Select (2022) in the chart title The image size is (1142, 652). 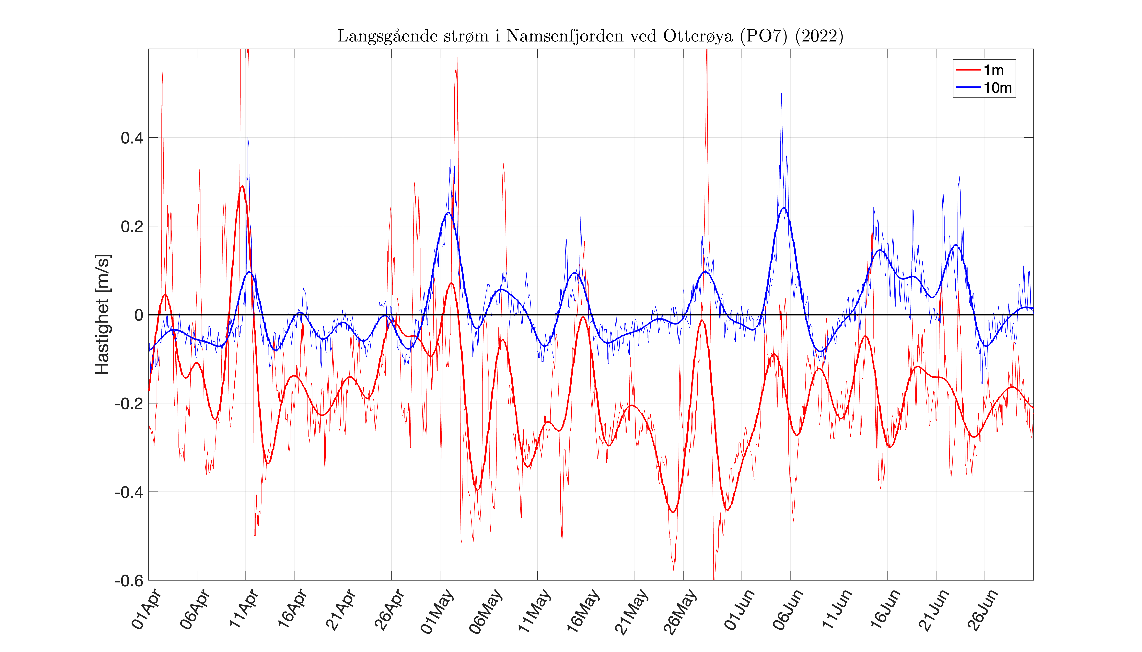point(819,36)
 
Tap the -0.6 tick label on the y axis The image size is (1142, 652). point(129,581)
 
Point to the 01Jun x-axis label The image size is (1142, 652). point(739,610)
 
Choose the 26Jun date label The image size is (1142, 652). point(982,610)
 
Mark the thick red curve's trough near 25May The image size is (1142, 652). point(673,512)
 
